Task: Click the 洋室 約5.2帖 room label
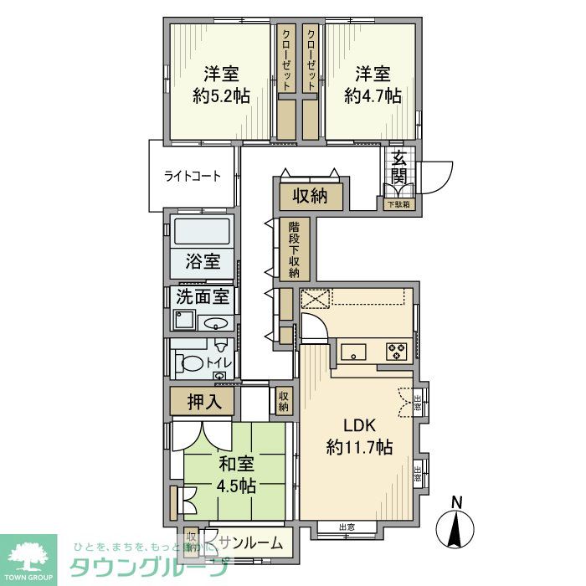coord(221,85)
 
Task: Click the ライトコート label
coord(193,177)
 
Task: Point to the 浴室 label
coord(203,261)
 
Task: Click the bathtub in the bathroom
coord(203,232)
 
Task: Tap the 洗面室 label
coord(203,296)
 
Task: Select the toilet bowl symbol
coord(191,364)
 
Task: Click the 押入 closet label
coord(203,401)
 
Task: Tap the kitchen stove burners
coord(396,352)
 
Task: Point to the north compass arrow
coord(456,527)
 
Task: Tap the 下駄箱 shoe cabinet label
coord(398,204)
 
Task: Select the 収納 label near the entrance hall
coord(310,198)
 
